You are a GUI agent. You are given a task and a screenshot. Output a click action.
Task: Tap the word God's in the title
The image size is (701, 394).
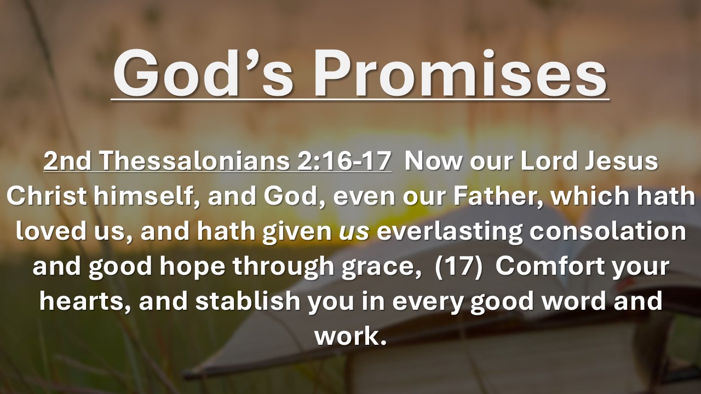pos(203,74)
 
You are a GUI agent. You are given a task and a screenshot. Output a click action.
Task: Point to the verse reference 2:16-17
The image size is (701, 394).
pos(344,161)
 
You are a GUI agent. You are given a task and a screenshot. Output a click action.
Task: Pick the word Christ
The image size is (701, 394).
pos(47,196)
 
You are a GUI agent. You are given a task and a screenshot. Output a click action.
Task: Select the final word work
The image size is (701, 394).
pos(350,335)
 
